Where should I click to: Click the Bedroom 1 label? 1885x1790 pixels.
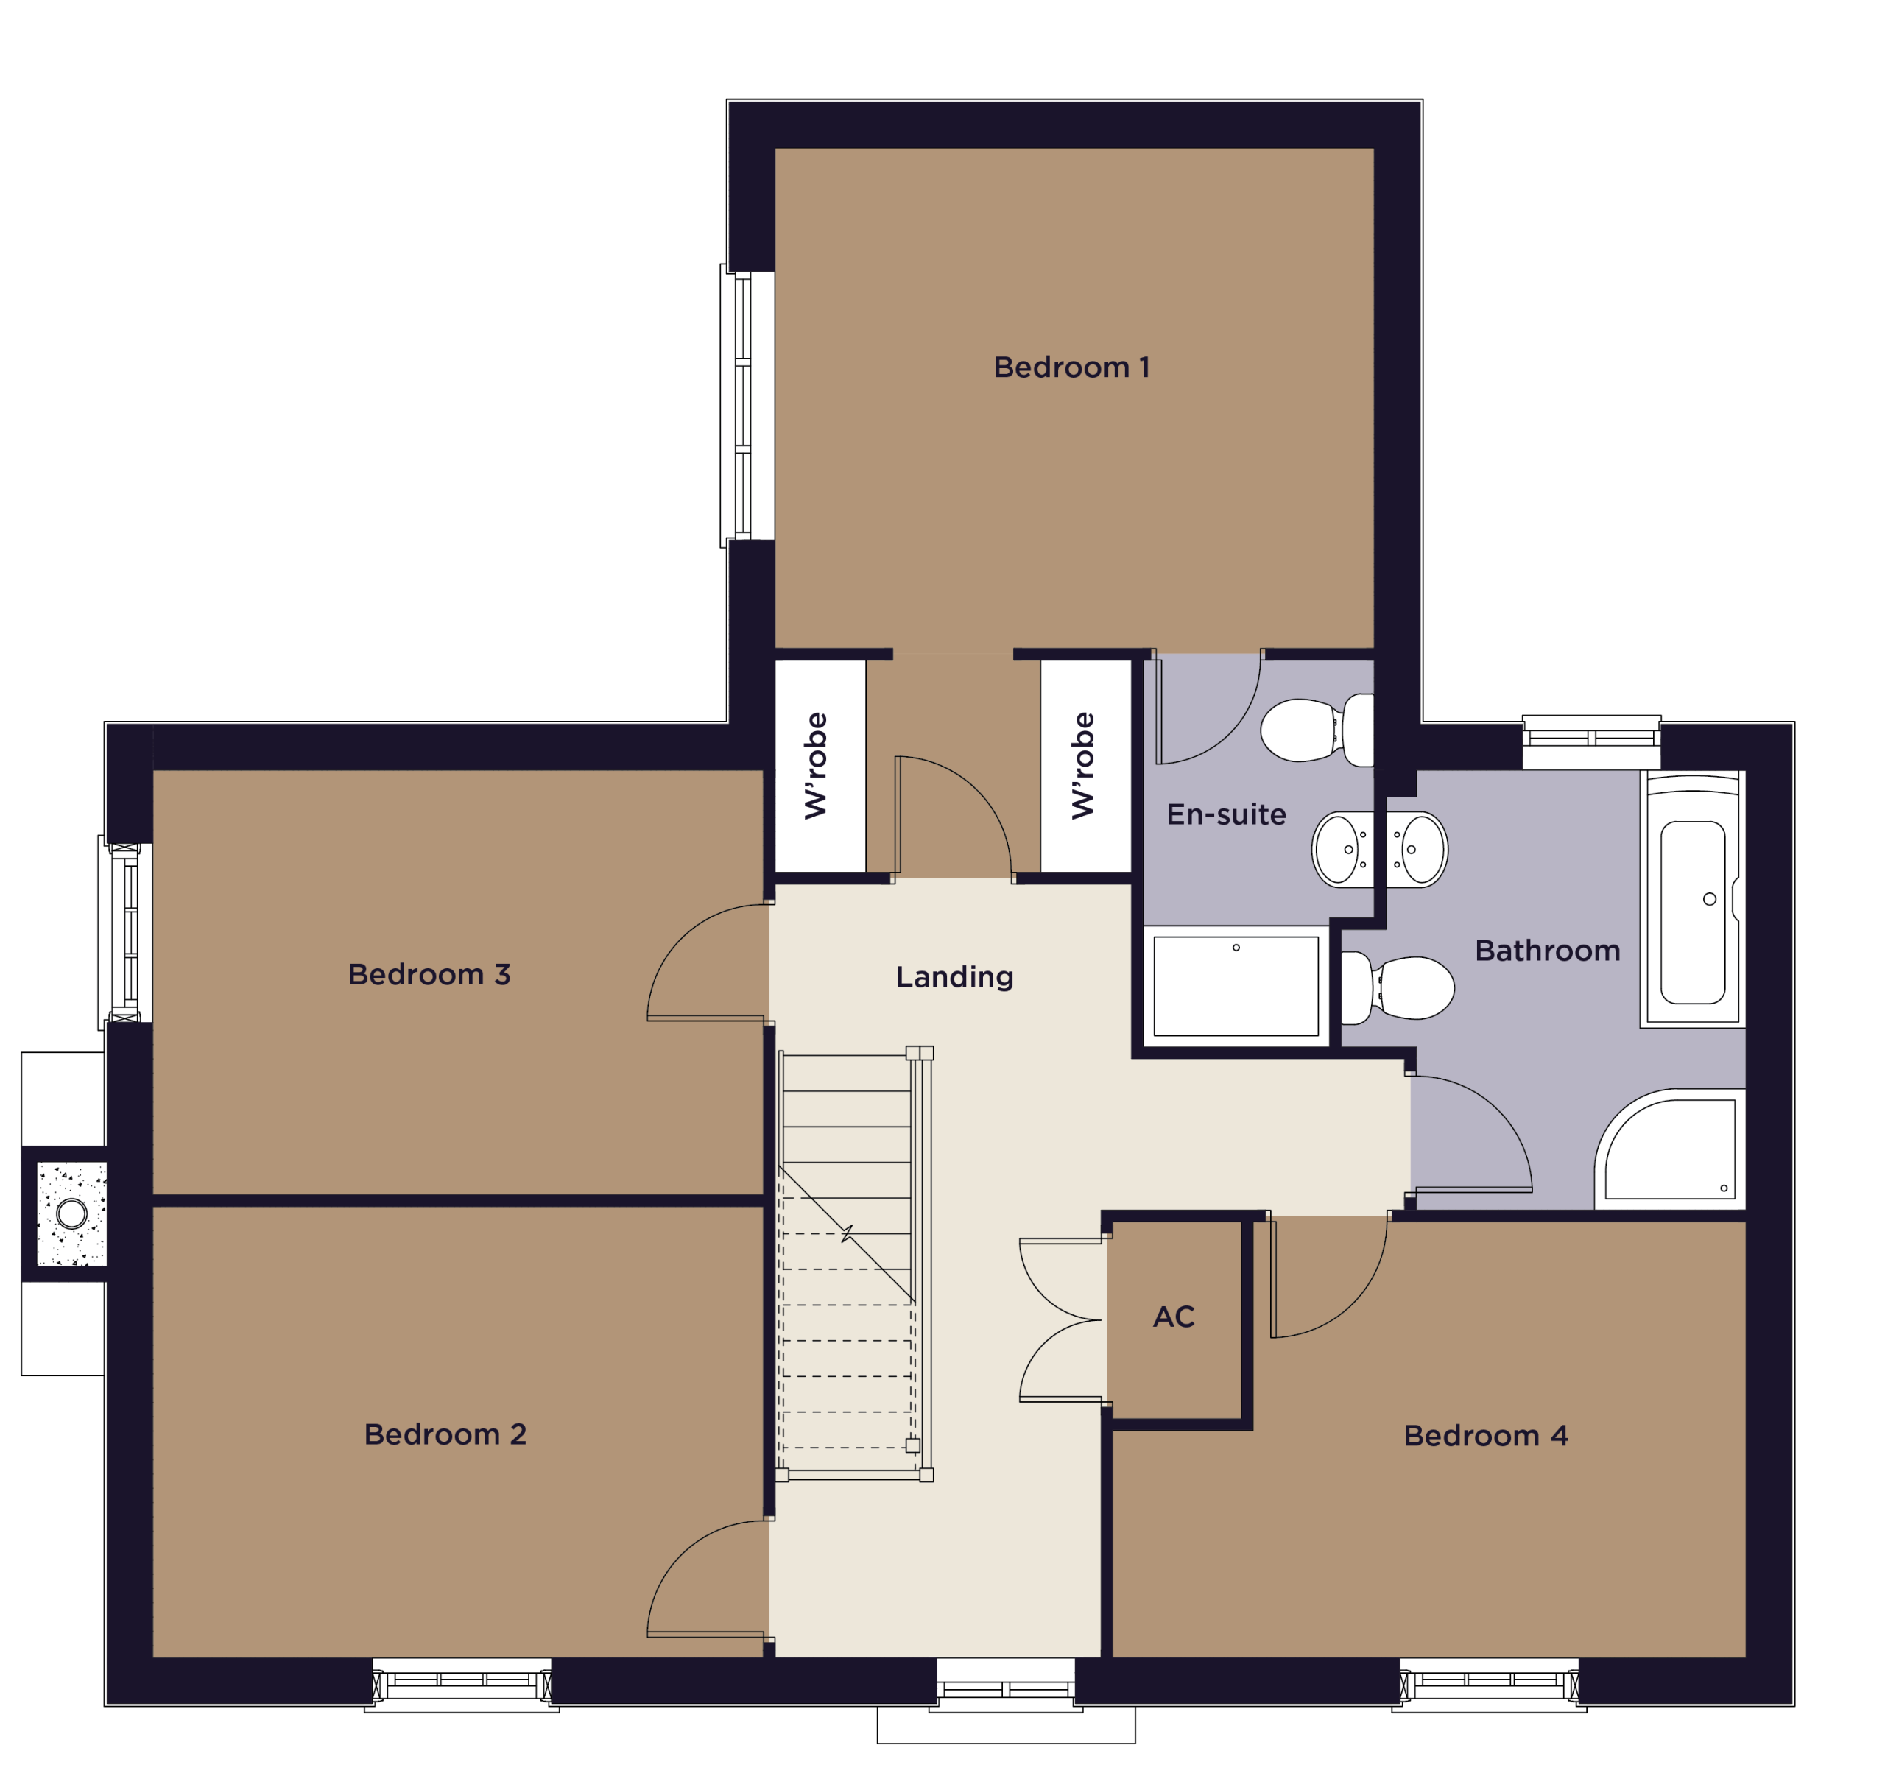tap(1071, 367)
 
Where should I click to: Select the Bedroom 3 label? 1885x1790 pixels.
tap(429, 973)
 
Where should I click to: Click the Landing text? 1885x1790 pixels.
tap(954, 976)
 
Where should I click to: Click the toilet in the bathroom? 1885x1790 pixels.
tap(1398, 987)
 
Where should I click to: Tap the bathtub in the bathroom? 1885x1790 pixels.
tap(1692, 899)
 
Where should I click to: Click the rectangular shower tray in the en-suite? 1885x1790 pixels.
tap(1236, 986)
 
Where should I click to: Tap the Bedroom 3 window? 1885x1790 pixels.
tap(125, 933)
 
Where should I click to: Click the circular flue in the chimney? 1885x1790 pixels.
tap(71, 1213)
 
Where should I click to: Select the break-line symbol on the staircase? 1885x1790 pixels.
tap(847, 1234)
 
